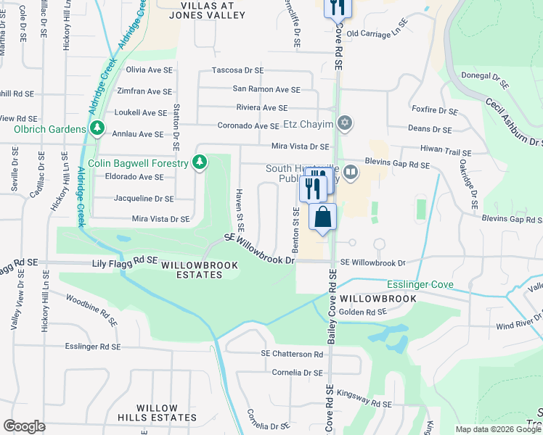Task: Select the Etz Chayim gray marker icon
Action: [x=346, y=124]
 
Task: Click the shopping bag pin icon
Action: [x=322, y=217]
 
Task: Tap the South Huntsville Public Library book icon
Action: [x=351, y=173]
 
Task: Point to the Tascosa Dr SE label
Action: [x=237, y=70]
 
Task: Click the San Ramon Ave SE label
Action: [x=266, y=89]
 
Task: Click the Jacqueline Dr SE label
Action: [x=144, y=198]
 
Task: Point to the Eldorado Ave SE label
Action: [x=134, y=177]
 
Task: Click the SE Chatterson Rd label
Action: [x=292, y=354]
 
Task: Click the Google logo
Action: [x=24, y=426]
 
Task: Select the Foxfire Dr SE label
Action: [x=434, y=112]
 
